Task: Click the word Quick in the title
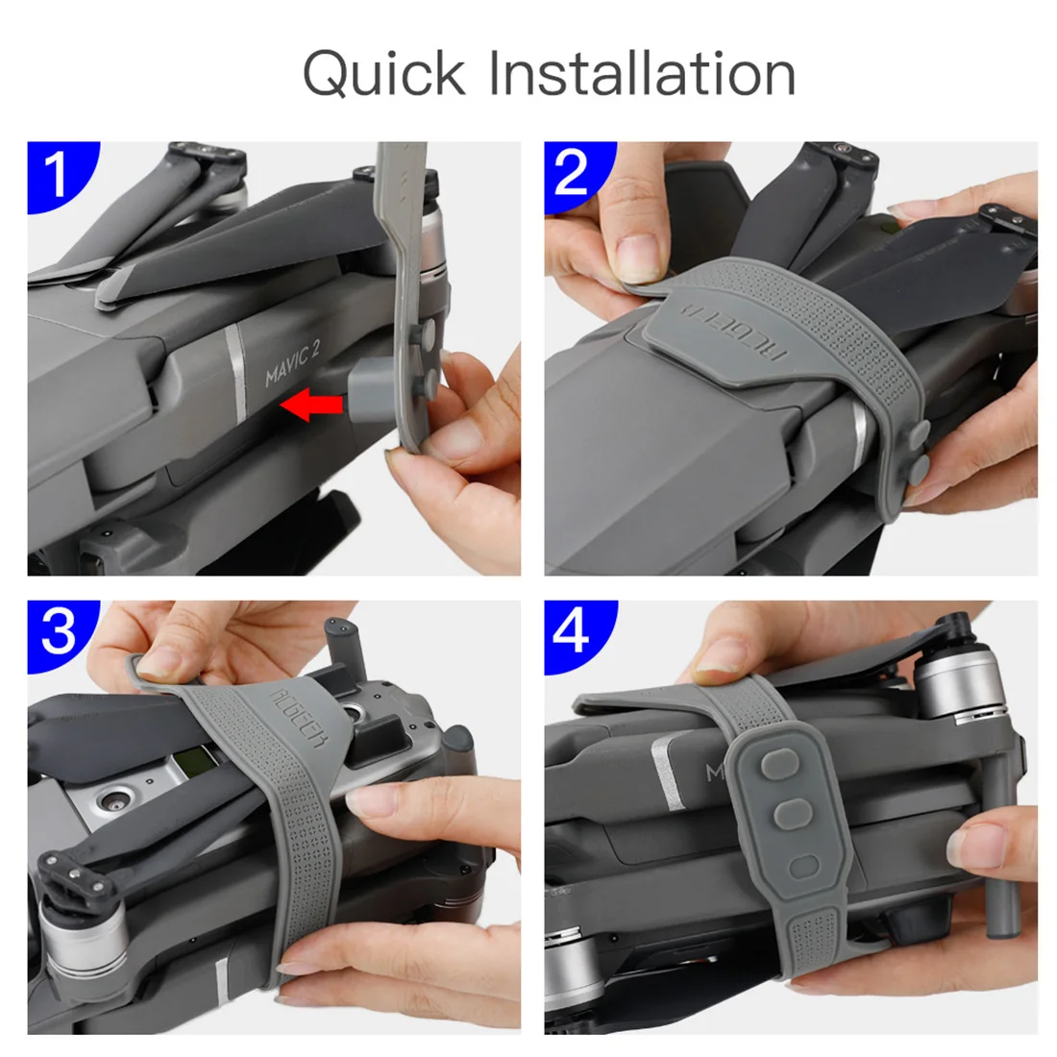pyautogui.click(x=383, y=75)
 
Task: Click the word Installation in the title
pyautogui.click(x=642, y=75)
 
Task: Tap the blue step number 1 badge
pyautogui.click(x=58, y=173)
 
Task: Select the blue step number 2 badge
pyautogui.click(x=573, y=173)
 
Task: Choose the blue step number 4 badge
pyautogui.click(x=573, y=631)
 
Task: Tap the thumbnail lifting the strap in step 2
pyautogui.click(x=636, y=257)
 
